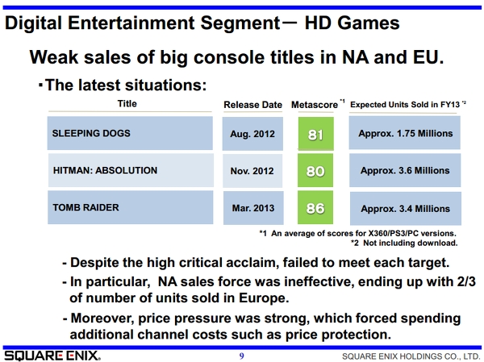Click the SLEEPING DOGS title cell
(130, 133)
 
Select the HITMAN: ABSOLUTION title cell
(131, 170)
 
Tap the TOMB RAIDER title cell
(130, 207)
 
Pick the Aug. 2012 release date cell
(252, 134)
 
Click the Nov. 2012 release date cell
(252, 171)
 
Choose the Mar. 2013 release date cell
(253, 208)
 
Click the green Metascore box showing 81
(315, 134)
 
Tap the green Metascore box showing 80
(315, 170)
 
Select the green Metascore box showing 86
(315, 207)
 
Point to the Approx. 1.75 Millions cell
(405, 133)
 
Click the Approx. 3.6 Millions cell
(405, 170)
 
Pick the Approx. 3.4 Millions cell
(406, 209)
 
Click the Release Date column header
(252, 105)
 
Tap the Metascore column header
(315, 105)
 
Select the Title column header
(127, 104)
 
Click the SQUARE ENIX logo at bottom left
(52, 356)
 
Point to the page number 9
(242, 356)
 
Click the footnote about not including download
(404, 243)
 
